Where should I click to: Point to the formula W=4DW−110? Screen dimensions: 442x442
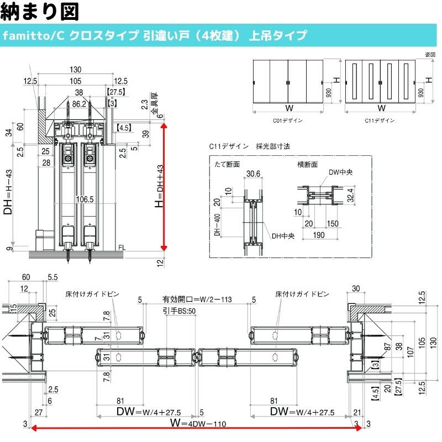pos(199,424)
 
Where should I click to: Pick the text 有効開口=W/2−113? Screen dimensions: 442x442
pos(197,299)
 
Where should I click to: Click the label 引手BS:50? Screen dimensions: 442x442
pos(180,311)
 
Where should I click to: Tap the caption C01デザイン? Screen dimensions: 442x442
pos(288,119)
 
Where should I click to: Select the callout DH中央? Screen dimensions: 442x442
pos(283,236)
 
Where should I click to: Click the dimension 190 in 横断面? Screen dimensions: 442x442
pos(318,235)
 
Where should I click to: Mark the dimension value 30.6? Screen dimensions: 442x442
pos(253,173)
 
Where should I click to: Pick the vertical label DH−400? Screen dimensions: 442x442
pos(216,227)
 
